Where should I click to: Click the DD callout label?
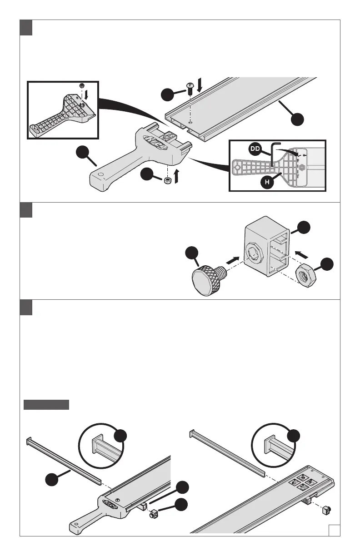(255, 149)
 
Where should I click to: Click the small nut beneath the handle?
(167, 181)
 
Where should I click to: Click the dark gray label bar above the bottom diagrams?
(46, 405)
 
